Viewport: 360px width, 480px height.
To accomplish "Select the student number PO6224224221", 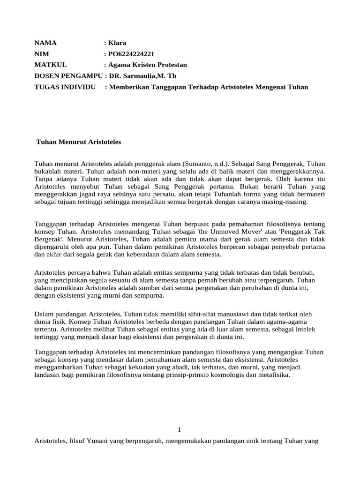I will click(131, 54).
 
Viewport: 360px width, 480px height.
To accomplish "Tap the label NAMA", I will click(45, 43).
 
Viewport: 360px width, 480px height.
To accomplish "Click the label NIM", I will click(42, 54).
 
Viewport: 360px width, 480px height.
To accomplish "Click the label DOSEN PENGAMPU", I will click(68, 76).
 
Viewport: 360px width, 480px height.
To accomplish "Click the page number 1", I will click(180, 429).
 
